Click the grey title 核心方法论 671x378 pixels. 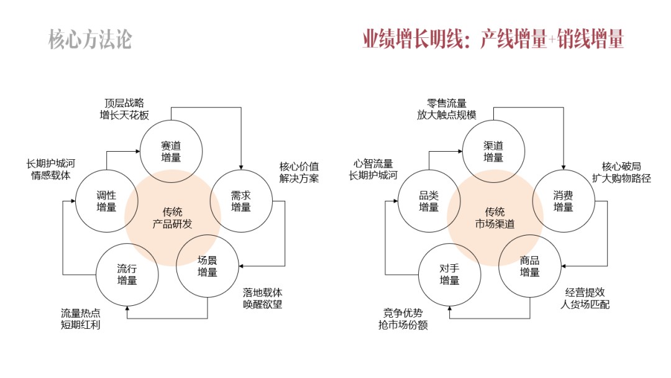point(90,39)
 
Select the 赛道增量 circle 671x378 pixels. point(170,151)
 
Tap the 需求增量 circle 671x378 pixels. point(241,201)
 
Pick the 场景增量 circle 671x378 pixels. point(208,265)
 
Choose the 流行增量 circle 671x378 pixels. point(127,274)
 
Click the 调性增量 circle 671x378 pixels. point(106,201)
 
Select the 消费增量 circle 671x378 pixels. point(563,201)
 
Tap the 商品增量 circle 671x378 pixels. point(530,266)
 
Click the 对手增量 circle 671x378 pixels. point(449,274)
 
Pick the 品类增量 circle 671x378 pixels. point(429,201)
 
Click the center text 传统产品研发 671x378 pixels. point(173,218)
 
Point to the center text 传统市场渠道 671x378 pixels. point(495,218)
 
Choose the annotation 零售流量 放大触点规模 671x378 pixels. point(447,108)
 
